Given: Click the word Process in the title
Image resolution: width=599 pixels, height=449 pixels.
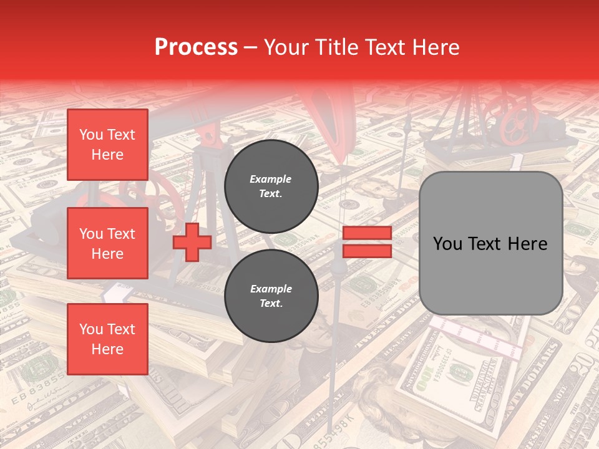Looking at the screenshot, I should pyautogui.click(x=196, y=47).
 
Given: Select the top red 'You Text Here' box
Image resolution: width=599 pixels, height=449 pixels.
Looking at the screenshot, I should pyautogui.click(x=107, y=145).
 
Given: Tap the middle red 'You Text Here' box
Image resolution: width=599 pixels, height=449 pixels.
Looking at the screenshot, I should pyautogui.click(x=107, y=243).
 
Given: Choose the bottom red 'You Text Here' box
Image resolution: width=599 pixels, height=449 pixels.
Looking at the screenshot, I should pyautogui.click(x=107, y=339).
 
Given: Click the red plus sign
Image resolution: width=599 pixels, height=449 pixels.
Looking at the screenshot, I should pyautogui.click(x=192, y=242).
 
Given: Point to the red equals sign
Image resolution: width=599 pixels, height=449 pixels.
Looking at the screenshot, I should pyautogui.click(x=367, y=242).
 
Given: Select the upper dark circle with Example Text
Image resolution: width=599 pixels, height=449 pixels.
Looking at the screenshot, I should pyautogui.click(x=271, y=186).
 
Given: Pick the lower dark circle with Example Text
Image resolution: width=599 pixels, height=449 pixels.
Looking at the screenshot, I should pyautogui.click(x=271, y=296).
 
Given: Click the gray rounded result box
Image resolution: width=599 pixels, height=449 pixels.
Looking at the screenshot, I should pyautogui.click(x=490, y=243).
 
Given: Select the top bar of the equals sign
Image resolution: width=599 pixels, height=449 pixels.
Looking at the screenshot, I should pyautogui.click(x=367, y=233).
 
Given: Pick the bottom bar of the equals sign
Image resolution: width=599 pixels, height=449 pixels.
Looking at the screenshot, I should pyautogui.click(x=367, y=251).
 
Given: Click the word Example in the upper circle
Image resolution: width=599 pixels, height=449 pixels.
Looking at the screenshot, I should pyautogui.click(x=271, y=179).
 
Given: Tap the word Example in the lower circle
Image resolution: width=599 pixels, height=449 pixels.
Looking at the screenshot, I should pyautogui.click(x=271, y=289).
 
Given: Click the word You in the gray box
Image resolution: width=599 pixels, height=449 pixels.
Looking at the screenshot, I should pyautogui.click(x=447, y=244).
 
